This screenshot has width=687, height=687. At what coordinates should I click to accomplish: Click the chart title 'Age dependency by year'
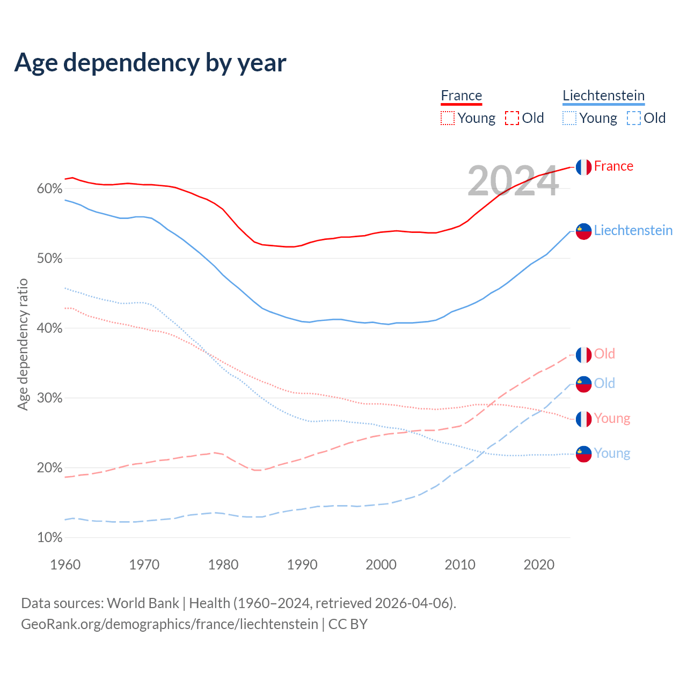[x=150, y=62]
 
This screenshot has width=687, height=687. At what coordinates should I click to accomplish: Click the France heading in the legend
[x=462, y=96]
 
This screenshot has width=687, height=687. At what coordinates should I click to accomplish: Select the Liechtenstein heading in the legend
[x=603, y=96]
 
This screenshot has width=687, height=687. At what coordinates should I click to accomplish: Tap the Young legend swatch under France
[x=448, y=118]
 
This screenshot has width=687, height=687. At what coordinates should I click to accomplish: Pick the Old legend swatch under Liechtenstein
[x=634, y=118]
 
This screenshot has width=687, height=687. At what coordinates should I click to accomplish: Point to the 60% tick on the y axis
[x=49, y=188]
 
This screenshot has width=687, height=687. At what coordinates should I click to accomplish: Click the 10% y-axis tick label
[x=49, y=537]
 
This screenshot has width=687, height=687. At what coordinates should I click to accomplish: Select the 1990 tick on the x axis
[x=302, y=565]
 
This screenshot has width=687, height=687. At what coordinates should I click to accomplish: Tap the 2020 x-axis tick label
[x=539, y=565]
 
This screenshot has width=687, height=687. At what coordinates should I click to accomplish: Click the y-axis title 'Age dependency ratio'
[x=23, y=344]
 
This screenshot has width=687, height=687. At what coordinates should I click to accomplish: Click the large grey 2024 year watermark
[x=513, y=181]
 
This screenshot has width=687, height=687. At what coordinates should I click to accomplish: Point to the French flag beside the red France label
[x=583, y=167]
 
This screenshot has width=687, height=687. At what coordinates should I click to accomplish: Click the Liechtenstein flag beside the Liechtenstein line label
[x=583, y=231]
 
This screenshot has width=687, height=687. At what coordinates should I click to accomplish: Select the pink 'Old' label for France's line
[x=604, y=354]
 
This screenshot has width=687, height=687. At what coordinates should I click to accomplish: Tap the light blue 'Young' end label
[x=612, y=453]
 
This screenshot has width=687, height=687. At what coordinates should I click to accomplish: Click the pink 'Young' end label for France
[x=612, y=418]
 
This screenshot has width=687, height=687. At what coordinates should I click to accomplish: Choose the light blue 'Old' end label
[x=604, y=383]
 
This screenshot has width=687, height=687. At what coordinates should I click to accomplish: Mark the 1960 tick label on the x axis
[x=65, y=565]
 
